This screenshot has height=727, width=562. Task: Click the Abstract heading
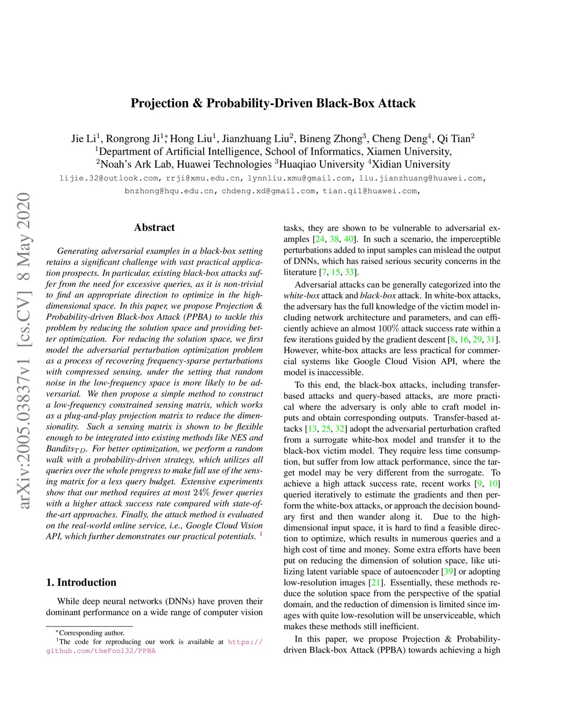click(x=154, y=228)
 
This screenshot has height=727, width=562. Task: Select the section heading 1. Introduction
click(x=81, y=583)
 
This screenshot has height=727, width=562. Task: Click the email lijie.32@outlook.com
click(x=109, y=178)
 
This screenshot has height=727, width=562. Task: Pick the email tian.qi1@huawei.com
click(x=370, y=191)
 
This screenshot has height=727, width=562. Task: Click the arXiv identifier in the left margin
click(x=24, y=351)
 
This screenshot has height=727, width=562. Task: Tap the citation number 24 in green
click(x=319, y=239)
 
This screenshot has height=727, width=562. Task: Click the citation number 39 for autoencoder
click(x=448, y=572)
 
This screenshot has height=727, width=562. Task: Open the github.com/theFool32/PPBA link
click(x=101, y=651)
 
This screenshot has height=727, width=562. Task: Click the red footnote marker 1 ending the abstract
click(x=261, y=534)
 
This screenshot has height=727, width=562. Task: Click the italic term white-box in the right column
click(x=301, y=296)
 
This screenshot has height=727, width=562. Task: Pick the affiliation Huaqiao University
click(x=322, y=164)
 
